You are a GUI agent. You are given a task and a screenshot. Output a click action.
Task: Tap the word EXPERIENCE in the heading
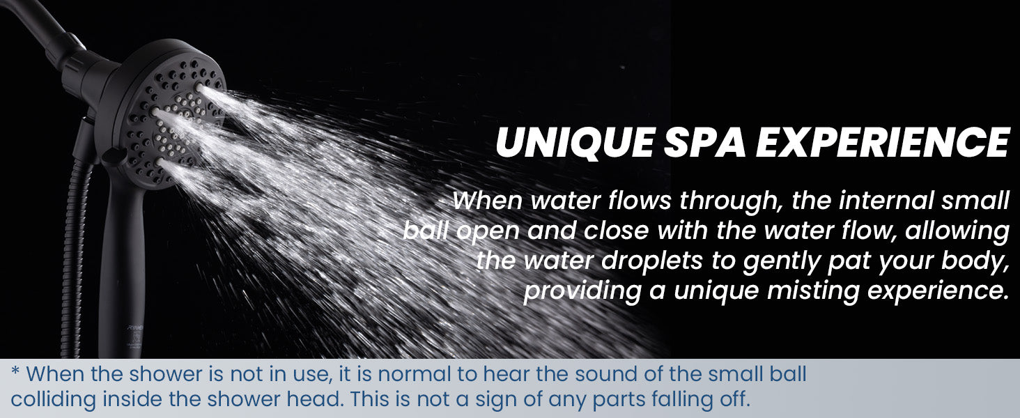[x=883, y=142]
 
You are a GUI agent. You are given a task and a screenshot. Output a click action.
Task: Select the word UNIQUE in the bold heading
[x=575, y=143]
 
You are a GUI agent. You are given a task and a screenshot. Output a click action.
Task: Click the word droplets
[x=651, y=261]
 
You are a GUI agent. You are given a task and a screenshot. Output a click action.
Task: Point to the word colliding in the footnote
[x=53, y=400]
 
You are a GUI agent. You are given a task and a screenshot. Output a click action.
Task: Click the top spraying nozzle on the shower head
[x=199, y=86]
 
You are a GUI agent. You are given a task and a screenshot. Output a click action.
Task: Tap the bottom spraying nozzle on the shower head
[x=160, y=162]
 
